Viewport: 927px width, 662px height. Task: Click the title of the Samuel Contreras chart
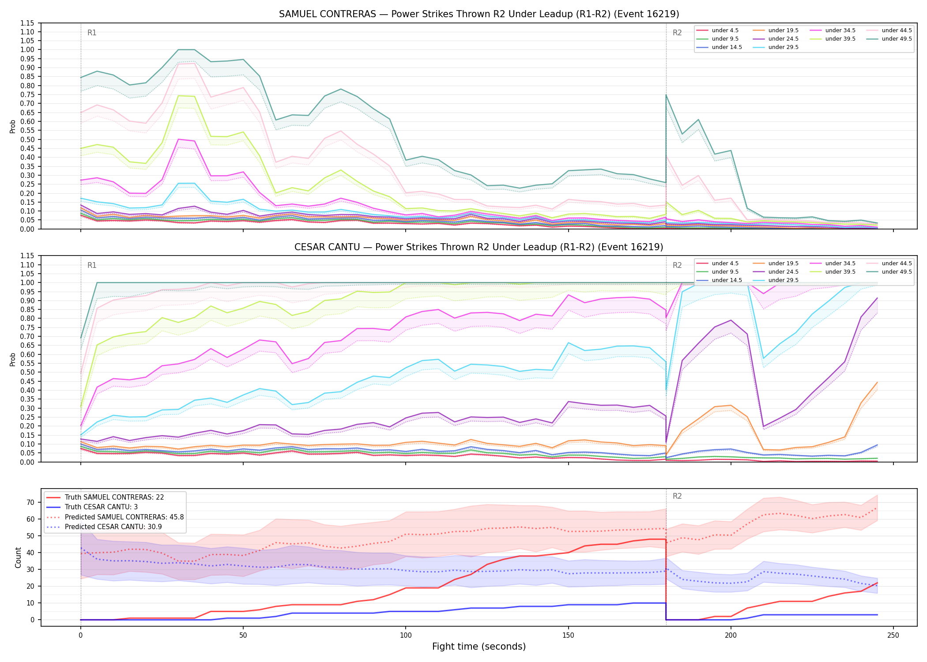click(479, 14)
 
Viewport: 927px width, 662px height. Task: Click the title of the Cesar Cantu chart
click(479, 247)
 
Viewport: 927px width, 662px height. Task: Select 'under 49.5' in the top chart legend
click(897, 39)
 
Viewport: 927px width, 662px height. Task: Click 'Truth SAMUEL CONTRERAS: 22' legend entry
click(114, 497)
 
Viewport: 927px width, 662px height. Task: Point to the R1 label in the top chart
click(92, 33)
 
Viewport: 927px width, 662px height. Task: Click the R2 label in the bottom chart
click(677, 496)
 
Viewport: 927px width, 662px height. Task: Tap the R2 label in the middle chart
click(677, 265)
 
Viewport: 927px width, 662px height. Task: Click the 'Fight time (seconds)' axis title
click(479, 647)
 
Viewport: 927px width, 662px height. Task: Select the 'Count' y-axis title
click(19, 557)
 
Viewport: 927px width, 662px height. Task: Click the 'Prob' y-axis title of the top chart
click(13, 126)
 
